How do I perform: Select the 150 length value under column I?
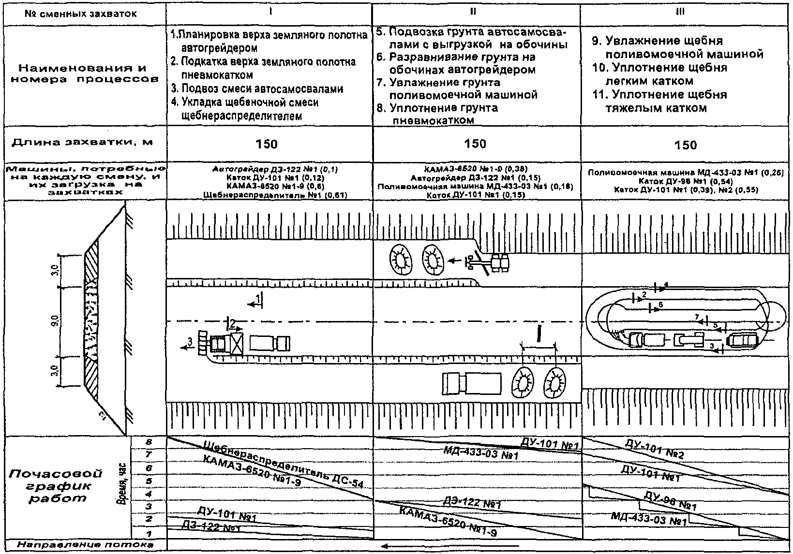coord(267,144)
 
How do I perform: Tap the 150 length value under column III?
coord(686,145)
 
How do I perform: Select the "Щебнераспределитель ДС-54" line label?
coord(284,464)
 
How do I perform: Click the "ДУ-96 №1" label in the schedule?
coord(671,502)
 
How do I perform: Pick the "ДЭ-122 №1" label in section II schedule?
coord(471,503)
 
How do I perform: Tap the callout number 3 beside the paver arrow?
coord(190,342)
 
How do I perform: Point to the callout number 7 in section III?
coord(697,317)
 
